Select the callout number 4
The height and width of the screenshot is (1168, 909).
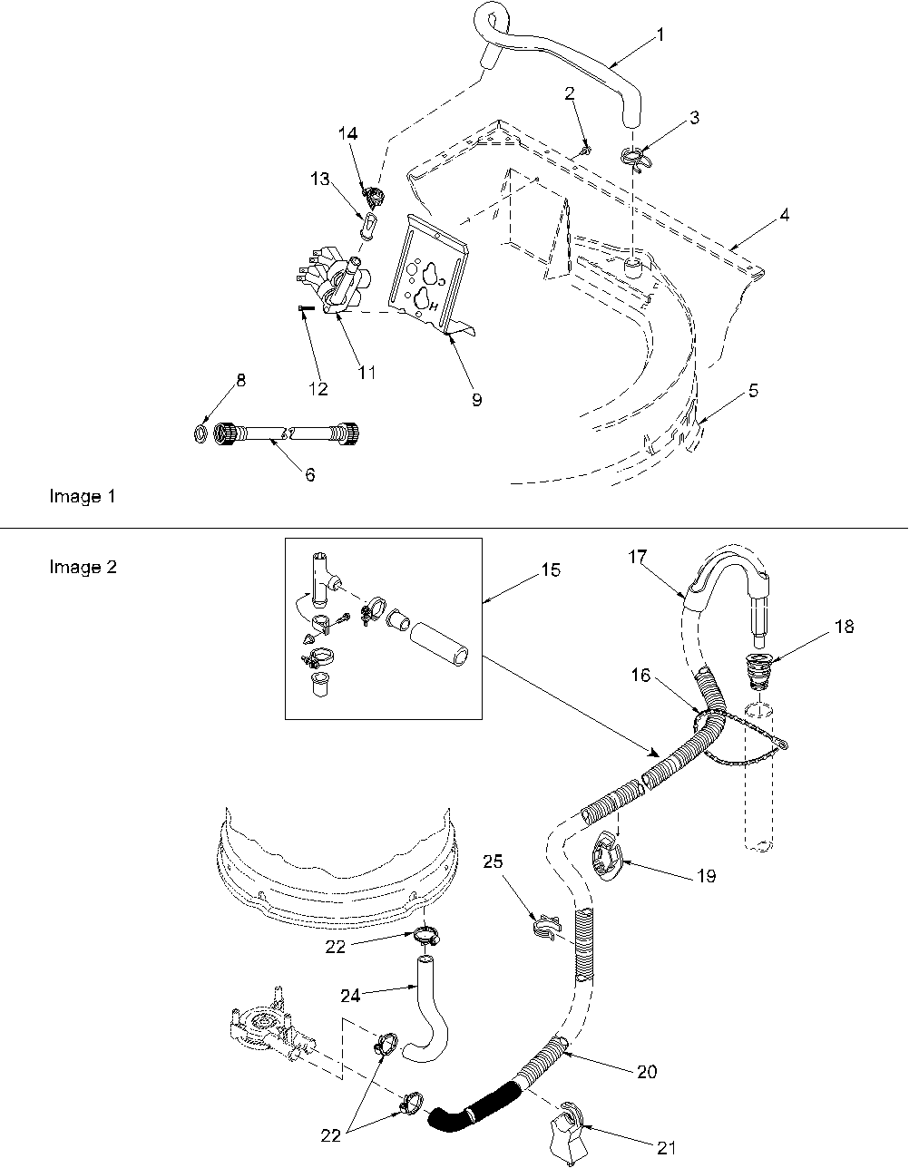point(783,215)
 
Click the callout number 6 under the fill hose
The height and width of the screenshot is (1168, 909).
point(309,474)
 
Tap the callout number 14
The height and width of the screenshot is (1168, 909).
point(347,133)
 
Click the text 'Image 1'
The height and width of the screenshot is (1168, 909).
point(82,496)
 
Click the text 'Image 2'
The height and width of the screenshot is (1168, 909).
point(82,567)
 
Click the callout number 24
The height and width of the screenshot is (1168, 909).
point(350,995)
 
